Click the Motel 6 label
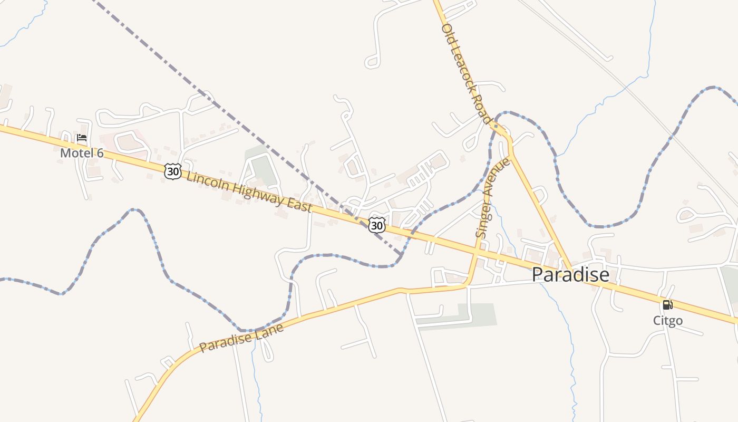[x=82, y=153]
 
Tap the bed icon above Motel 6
[x=82, y=138]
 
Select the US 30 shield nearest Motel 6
[x=173, y=171]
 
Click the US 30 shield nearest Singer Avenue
[x=376, y=225]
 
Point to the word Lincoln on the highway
[x=208, y=180]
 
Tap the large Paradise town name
[x=570, y=274]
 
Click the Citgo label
[x=668, y=320]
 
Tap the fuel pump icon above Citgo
[x=667, y=304]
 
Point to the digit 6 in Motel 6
[x=100, y=153]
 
